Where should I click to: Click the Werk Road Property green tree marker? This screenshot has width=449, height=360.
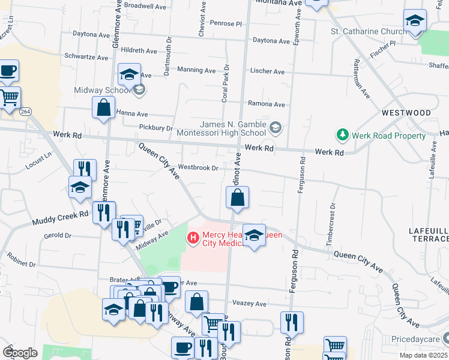pyautogui.click(x=343, y=136)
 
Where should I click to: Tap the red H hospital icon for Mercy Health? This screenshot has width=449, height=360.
pyautogui.click(x=193, y=238)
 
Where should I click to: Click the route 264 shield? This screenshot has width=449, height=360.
pyautogui.click(x=25, y=112)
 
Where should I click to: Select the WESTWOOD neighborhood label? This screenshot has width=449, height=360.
pyautogui.click(x=406, y=113)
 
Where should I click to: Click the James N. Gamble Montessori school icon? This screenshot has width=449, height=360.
pyautogui.click(x=276, y=127)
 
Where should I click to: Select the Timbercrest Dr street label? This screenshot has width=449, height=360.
pyautogui.click(x=331, y=222)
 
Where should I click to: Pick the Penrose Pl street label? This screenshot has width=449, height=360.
pyautogui.click(x=226, y=23)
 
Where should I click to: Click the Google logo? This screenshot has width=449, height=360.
pyautogui.click(x=20, y=353)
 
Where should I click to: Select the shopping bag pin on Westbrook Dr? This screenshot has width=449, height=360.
pyautogui.click(x=238, y=197)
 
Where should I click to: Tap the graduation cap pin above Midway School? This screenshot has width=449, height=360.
pyautogui.click(x=129, y=74)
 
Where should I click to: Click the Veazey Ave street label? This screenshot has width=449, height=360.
pyautogui.click(x=250, y=304)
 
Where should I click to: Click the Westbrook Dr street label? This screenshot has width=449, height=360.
pyautogui.click(x=198, y=168)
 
